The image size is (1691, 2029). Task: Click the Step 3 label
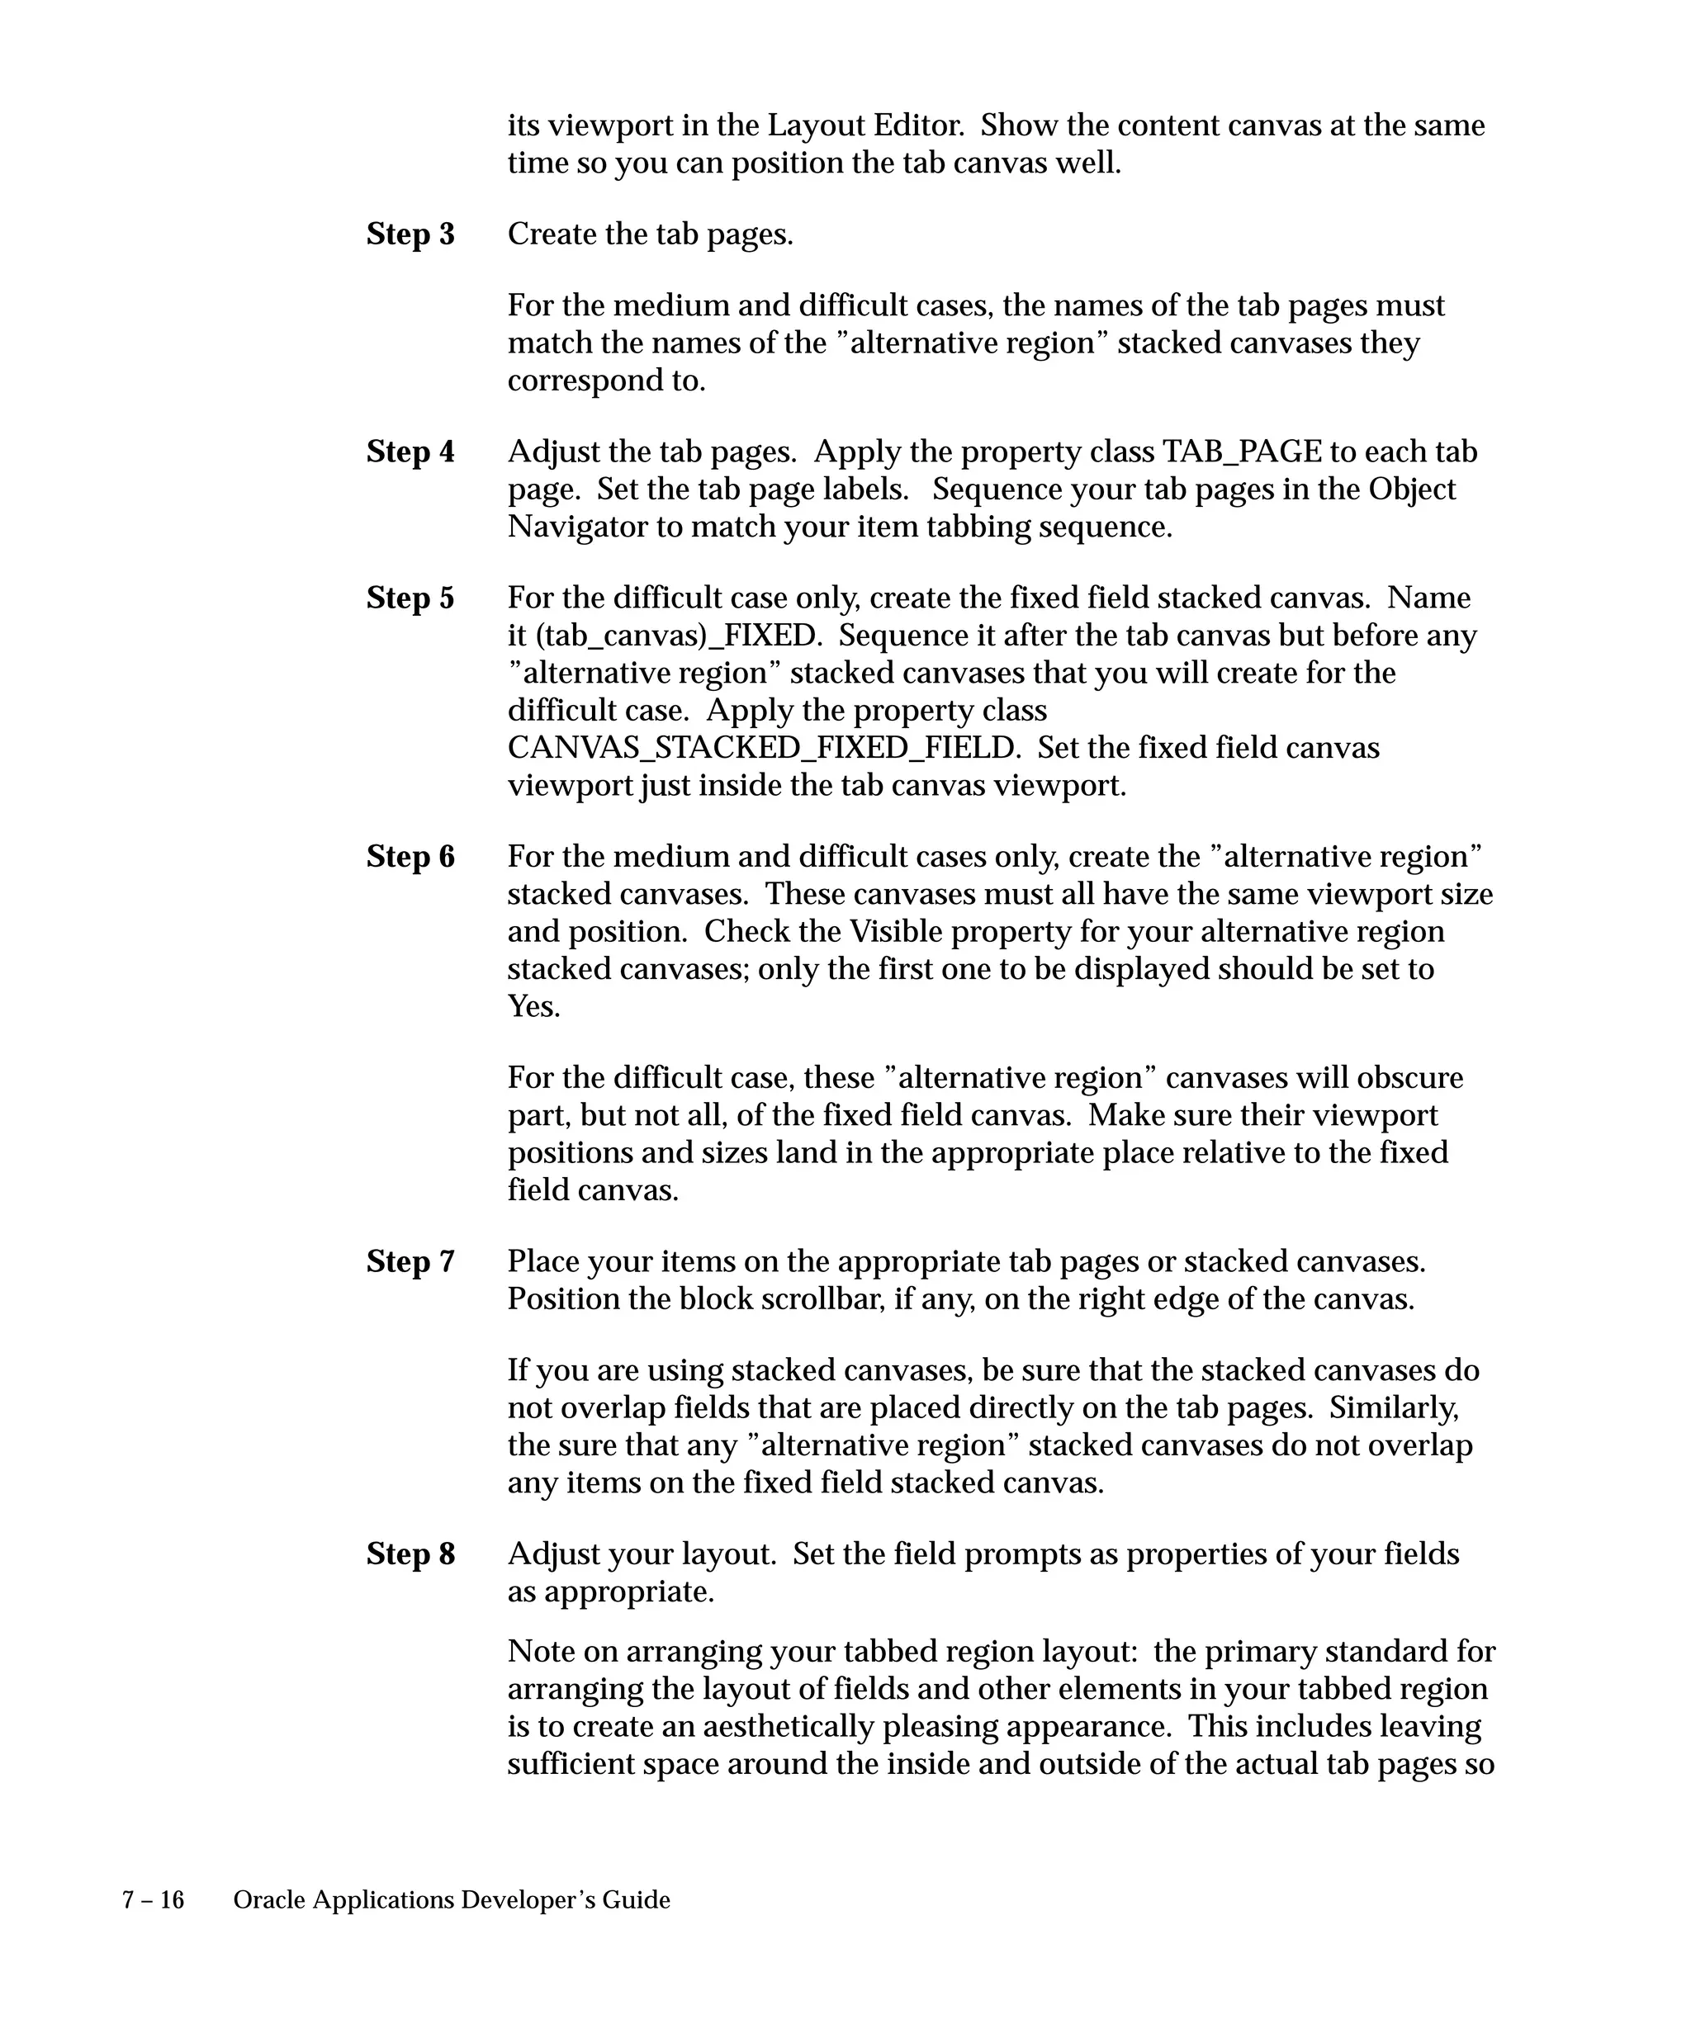[410, 234]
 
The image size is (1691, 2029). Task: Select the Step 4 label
[410, 452]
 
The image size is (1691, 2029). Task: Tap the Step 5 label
[410, 598]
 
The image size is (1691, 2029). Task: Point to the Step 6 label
[410, 857]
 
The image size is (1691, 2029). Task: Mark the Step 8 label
[410, 1554]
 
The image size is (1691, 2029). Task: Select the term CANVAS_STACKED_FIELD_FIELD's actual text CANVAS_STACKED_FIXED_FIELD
[762, 749]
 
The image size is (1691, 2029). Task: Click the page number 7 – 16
[153, 1900]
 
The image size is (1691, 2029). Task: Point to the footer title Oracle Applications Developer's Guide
[452, 1900]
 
